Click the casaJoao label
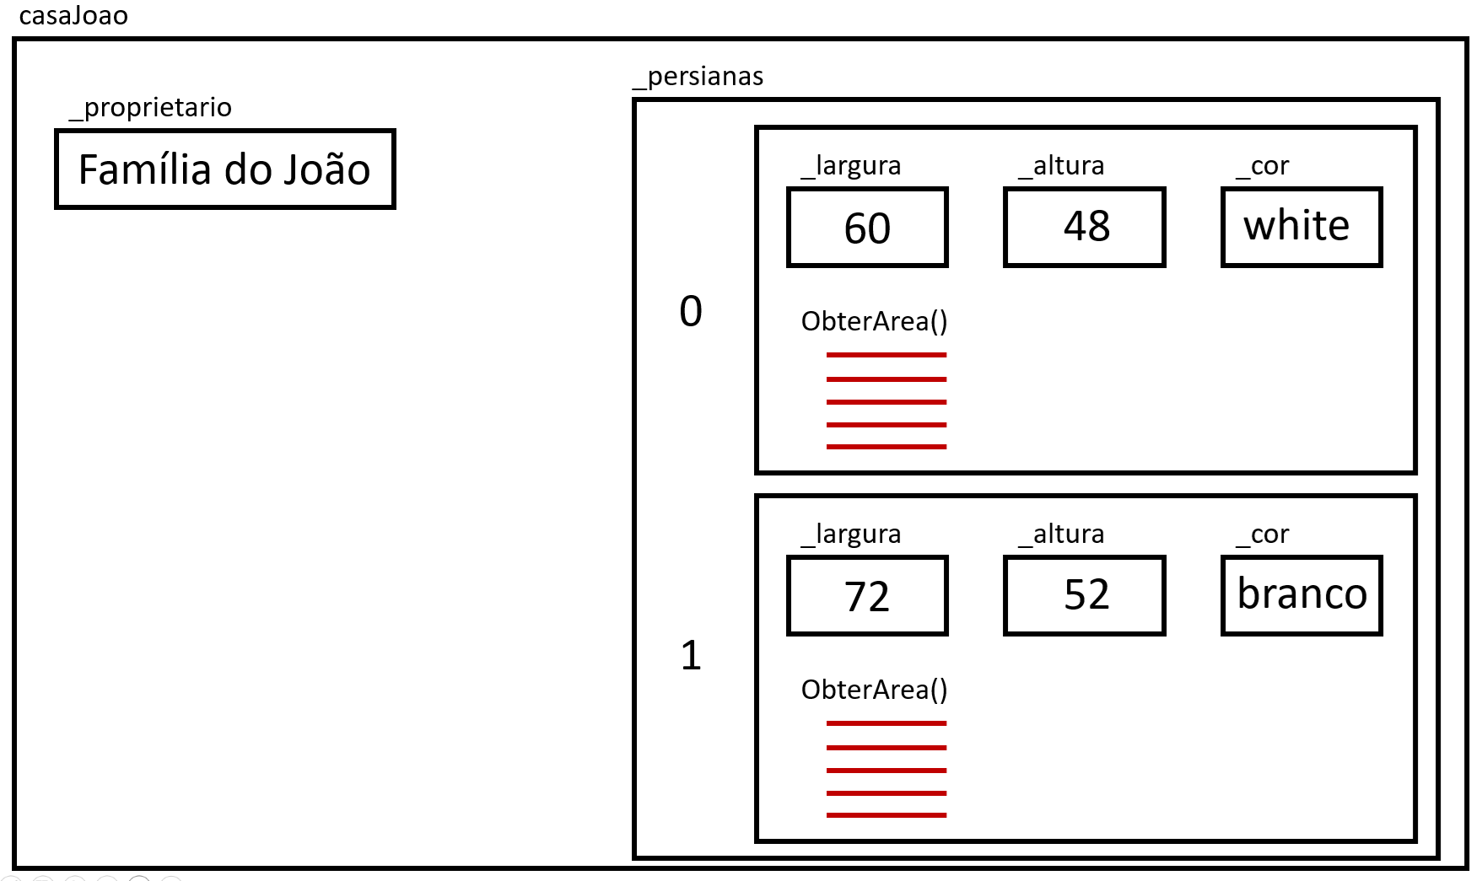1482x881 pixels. pyautogui.click(x=73, y=16)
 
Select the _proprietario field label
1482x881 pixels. pyautogui.click(x=150, y=108)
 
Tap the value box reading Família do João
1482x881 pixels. pyautogui.click(x=225, y=169)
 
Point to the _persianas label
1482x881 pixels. pyautogui.click(x=698, y=77)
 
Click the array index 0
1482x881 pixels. pyautogui.click(x=691, y=311)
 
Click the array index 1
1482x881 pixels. pyautogui.click(x=691, y=655)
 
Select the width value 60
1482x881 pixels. pyautogui.click(x=867, y=228)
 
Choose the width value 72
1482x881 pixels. pyautogui.click(x=867, y=596)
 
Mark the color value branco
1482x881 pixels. pyautogui.click(x=1301, y=595)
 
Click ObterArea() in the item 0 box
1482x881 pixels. pyautogui.click(x=875, y=321)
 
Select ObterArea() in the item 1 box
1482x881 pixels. pyautogui.click(x=875, y=690)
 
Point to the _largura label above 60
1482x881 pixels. pyautogui.click(x=851, y=166)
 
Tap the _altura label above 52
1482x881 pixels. pyautogui.click(x=1061, y=535)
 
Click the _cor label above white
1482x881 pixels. pyautogui.click(x=1263, y=166)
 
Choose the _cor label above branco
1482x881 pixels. pyautogui.click(x=1263, y=535)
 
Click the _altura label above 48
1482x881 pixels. pyautogui.click(x=1061, y=166)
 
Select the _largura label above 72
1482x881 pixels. pyautogui.click(x=851, y=535)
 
